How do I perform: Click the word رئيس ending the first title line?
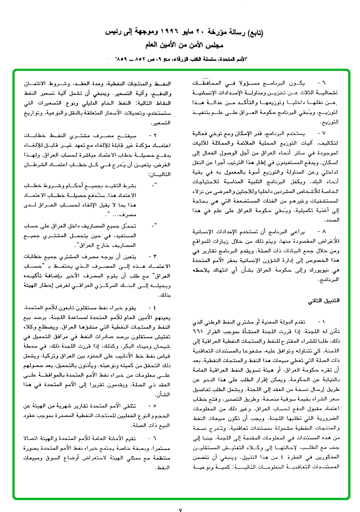(104, 34)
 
